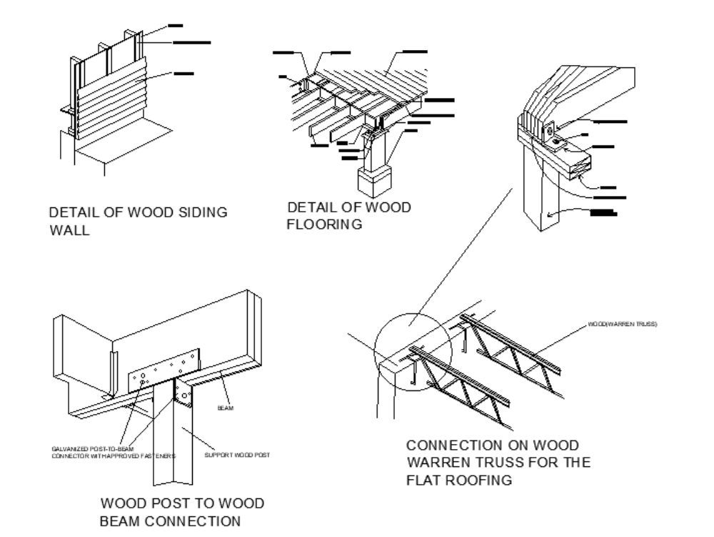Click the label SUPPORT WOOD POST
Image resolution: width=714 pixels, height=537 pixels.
click(237, 455)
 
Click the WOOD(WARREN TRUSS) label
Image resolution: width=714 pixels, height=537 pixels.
click(622, 324)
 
